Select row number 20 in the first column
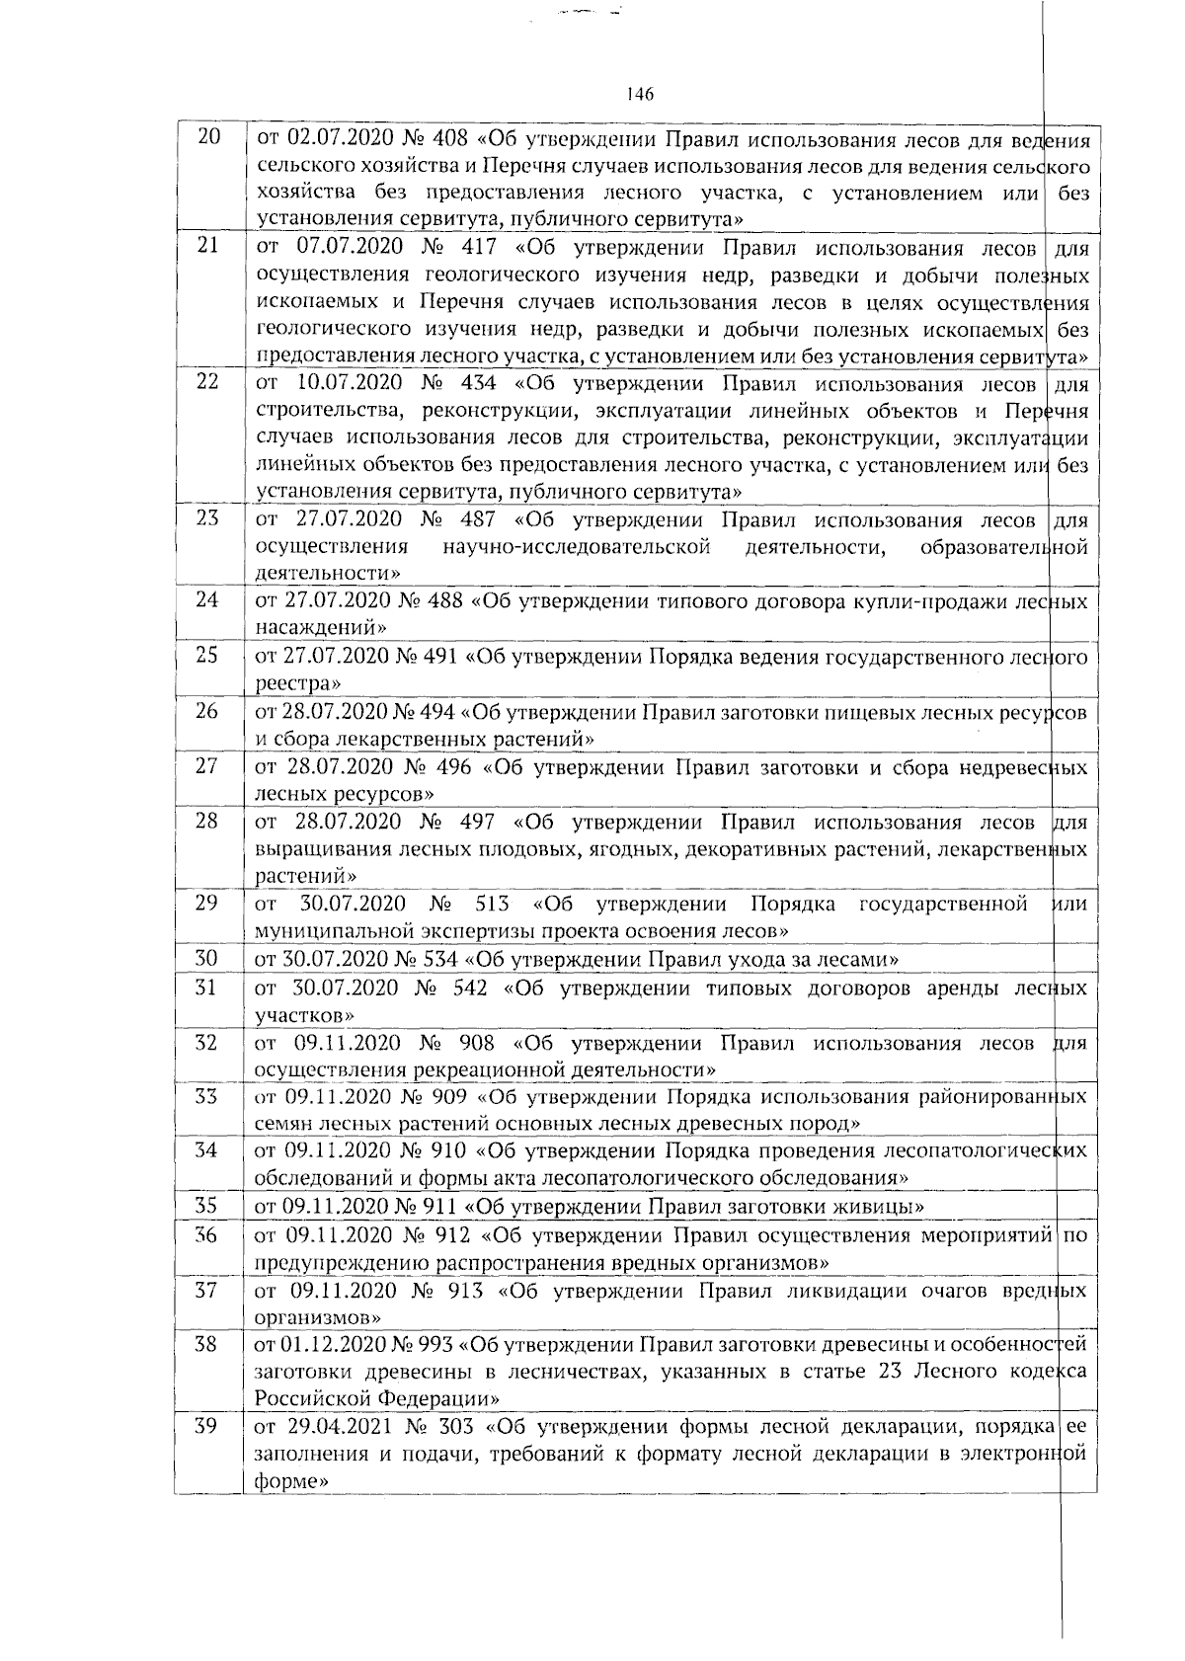208,137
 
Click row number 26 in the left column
207,710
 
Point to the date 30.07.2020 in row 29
353,904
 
